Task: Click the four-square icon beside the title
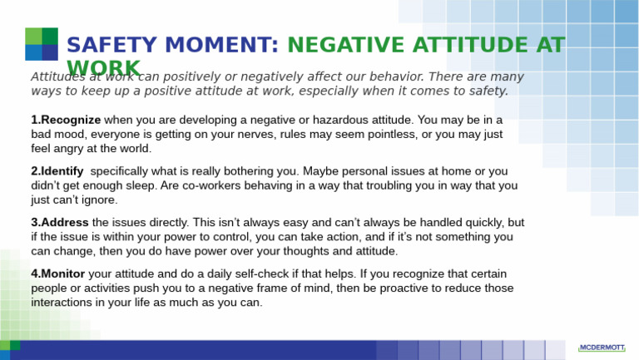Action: pos(41,44)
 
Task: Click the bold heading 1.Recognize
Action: pos(66,120)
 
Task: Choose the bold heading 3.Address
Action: pos(60,223)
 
